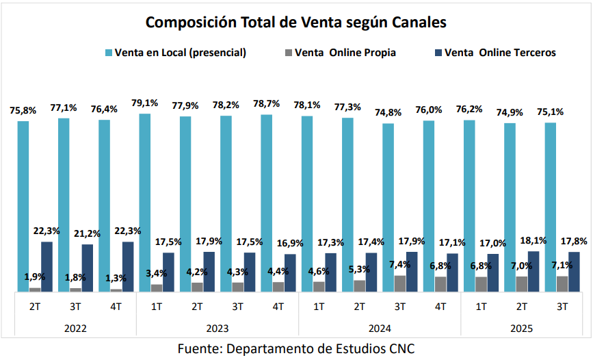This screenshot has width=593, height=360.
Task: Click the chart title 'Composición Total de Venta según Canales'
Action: [296, 23]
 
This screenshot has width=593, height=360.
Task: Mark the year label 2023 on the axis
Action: [217, 329]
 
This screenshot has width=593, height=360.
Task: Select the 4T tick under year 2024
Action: [440, 307]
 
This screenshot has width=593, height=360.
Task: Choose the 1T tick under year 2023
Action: [156, 307]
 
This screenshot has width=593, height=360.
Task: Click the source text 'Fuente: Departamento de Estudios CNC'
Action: [296, 348]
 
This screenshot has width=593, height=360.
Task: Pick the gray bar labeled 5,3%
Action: [360, 286]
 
